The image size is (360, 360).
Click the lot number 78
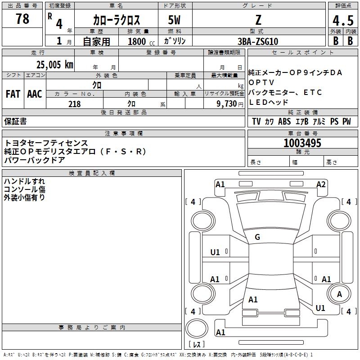[x=22, y=19]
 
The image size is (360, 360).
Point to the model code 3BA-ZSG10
[x=258, y=41]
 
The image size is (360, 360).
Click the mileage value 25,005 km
[x=52, y=64]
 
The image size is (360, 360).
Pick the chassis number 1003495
[x=302, y=143]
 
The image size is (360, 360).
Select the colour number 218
[x=74, y=104]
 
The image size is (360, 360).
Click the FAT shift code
[x=13, y=94]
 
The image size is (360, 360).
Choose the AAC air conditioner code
[x=35, y=94]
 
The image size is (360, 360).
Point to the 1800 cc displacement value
[x=137, y=41]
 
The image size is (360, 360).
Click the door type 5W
[x=175, y=21]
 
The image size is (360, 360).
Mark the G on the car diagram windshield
[x=257, y=237]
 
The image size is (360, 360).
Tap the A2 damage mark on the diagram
[x=321, y=184]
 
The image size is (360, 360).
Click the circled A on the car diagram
[x=339, y=294]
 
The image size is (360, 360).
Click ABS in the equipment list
[x=284, y=121]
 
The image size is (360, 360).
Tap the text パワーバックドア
[x=35, y=160]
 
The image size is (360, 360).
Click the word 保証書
[x=15, y=121]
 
